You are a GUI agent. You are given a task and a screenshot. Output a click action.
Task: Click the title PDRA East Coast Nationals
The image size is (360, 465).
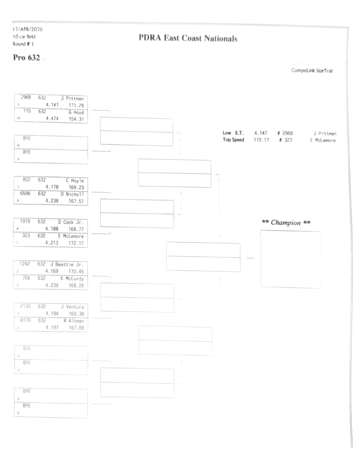click(x=188, y=39)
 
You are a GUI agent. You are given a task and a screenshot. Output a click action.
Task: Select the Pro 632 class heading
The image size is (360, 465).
click(x=27, y=59)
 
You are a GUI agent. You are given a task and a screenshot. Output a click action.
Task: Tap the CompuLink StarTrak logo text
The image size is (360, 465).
click(x=311, y=71)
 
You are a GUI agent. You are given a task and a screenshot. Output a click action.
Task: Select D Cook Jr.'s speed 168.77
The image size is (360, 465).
click(x=76, y=229)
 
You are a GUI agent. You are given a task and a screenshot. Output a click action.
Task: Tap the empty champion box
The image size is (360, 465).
click(x=290, y=259)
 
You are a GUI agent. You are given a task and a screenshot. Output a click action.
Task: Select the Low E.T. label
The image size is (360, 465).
click(x=233, y=133)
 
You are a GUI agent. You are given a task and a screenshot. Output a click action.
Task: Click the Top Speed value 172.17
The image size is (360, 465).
click(x=262, y=140)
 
